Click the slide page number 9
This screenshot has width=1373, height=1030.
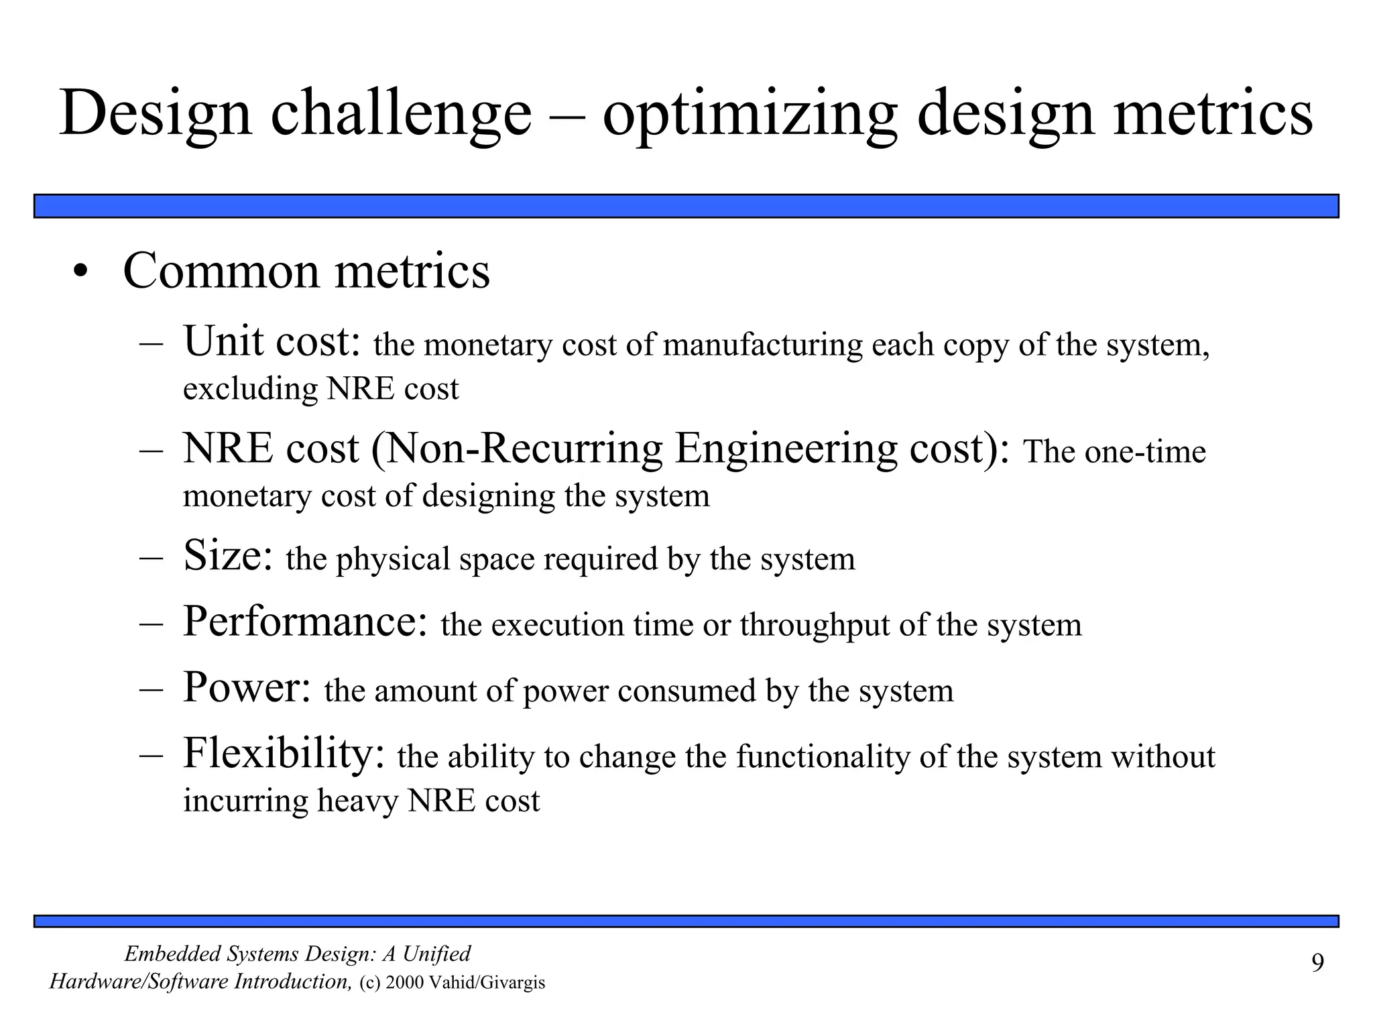click(x=1317, y=964)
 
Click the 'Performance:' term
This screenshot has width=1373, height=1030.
click(x=305, y=622)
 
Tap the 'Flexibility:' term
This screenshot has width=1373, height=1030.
click(x=284, y=753)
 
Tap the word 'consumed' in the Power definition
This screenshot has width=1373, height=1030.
click(x=686, y=691)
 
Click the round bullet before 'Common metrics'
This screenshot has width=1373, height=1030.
click(x=81, y=273)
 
